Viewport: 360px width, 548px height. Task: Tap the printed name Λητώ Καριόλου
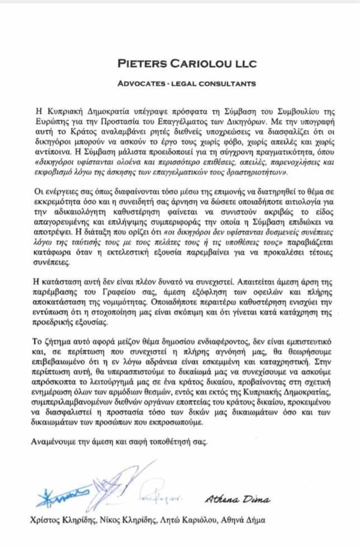(196, 519)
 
